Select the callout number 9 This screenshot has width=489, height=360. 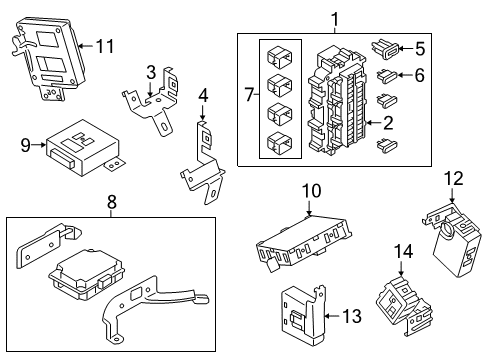click(x=27, y=145)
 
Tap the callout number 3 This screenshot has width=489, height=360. click(x=150, y=71)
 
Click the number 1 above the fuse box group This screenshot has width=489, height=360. click(x=335, y=18)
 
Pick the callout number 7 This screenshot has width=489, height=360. click(x=249, y=94)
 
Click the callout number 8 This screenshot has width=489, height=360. click(x=110, y=206)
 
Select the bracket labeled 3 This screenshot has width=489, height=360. click(x=155, y=105)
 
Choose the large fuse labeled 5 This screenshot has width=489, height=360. click(x=386, y=45)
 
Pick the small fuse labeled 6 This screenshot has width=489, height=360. click(x=386, y=73)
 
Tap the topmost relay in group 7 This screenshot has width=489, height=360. click(x=280, y=55)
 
